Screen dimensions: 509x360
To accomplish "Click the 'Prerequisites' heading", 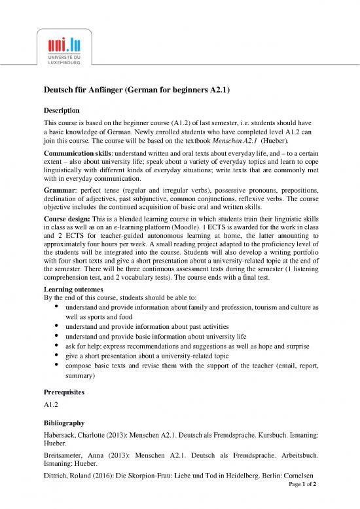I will [x=64, y=392].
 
